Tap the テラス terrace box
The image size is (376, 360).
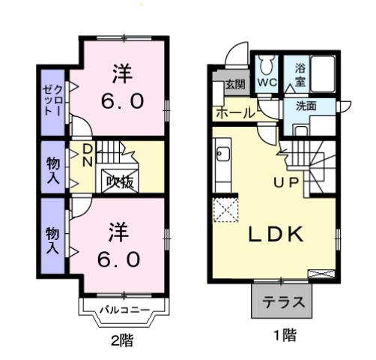point(282,304)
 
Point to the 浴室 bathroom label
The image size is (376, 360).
point(300,73)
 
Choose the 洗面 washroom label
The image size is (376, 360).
point(306,106)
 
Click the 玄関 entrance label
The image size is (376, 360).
point(234,84)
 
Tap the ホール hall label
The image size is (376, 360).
point(234,113)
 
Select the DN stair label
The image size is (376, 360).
point(88,156)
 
